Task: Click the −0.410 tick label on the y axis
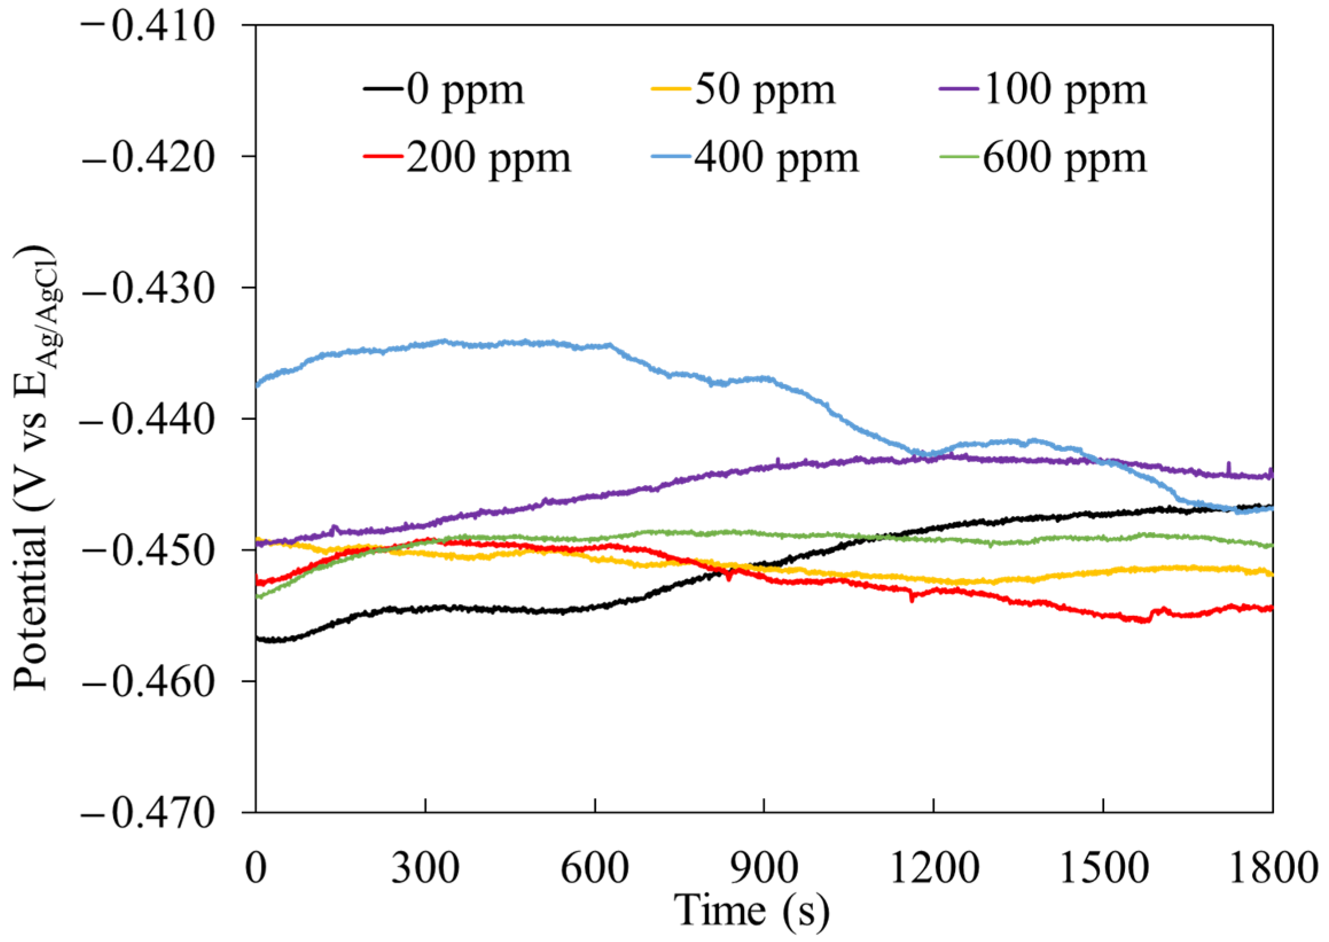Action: pyautogui.click(x=148, y=26)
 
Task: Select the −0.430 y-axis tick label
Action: pyautogui.click(x=148, y=288)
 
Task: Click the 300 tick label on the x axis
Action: pyautogui.click(x=425, y=869)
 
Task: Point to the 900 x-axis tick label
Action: pyautogui.click(x=764, y=869)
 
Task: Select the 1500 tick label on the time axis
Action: pyautogui.click(x=1103, y=869)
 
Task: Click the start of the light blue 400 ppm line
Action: pyautogui.click(x=257, y=385)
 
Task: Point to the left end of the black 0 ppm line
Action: pyautogui.click(x=257, y=638)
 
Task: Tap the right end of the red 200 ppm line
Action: pyautogui.click(x=1271, y=608)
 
